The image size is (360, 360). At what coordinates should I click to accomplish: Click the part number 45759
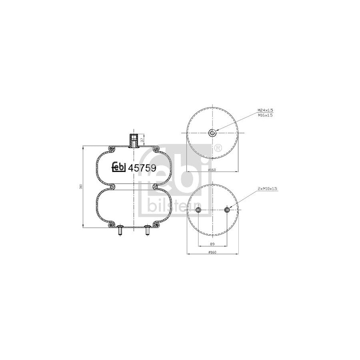(142, 168)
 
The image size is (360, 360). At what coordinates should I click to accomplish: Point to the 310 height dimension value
(81, 187)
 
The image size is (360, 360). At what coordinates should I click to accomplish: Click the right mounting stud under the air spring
(147, 231)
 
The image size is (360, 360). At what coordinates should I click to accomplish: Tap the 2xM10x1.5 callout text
(267, 188)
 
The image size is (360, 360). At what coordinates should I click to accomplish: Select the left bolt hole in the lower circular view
(198, 210)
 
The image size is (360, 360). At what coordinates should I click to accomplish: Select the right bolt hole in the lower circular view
(227, 210)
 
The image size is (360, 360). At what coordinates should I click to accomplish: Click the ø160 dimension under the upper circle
(212, 170)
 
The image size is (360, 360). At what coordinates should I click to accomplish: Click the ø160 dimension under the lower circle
(212, 252)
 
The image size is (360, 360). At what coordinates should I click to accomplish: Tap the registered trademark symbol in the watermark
(218, 148)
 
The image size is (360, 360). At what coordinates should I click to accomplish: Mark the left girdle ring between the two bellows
(112, 187)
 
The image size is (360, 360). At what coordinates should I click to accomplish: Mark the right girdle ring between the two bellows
(155, 187)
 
